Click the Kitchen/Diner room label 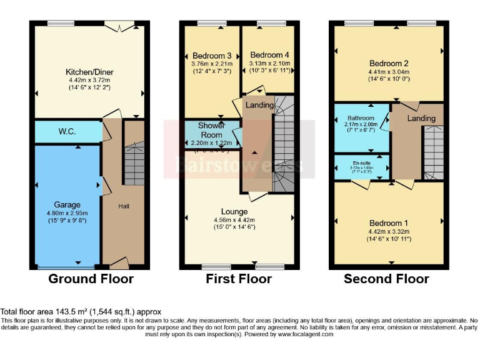(x=89, y=72)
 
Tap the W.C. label (x=67, y=132)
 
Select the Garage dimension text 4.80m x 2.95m (x=67, y=212)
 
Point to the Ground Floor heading (x=91, y=279)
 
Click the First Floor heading (x=239, y=279)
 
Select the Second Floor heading (x=386, y=279)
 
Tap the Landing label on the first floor (x=259, y=105)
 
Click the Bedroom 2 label (x=389, y=63)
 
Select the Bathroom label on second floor (x=361, y=118)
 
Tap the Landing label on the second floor (x=421, y=119)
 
